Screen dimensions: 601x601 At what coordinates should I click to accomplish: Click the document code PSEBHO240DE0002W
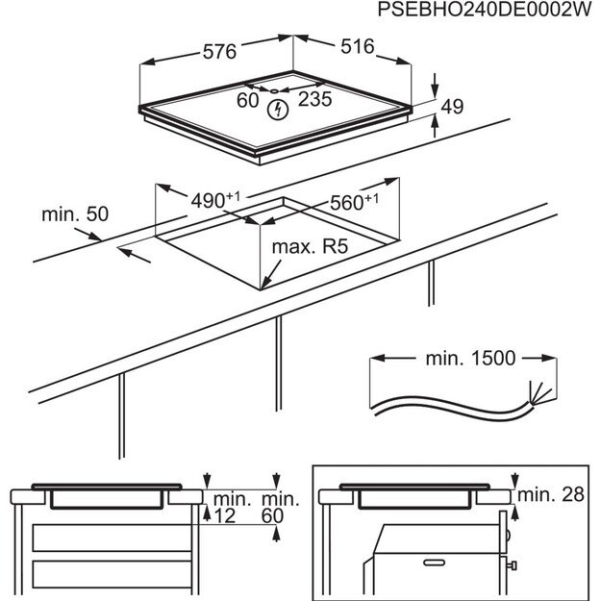tap(482, 13)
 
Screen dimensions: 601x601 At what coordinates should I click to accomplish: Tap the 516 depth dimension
tap(354, 47)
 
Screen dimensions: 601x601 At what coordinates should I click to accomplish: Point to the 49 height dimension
tap(451, 107)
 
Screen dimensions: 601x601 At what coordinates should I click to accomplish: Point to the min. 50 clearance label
tap(75, 213)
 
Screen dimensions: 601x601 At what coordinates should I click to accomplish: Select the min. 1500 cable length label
tap(470, 358)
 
